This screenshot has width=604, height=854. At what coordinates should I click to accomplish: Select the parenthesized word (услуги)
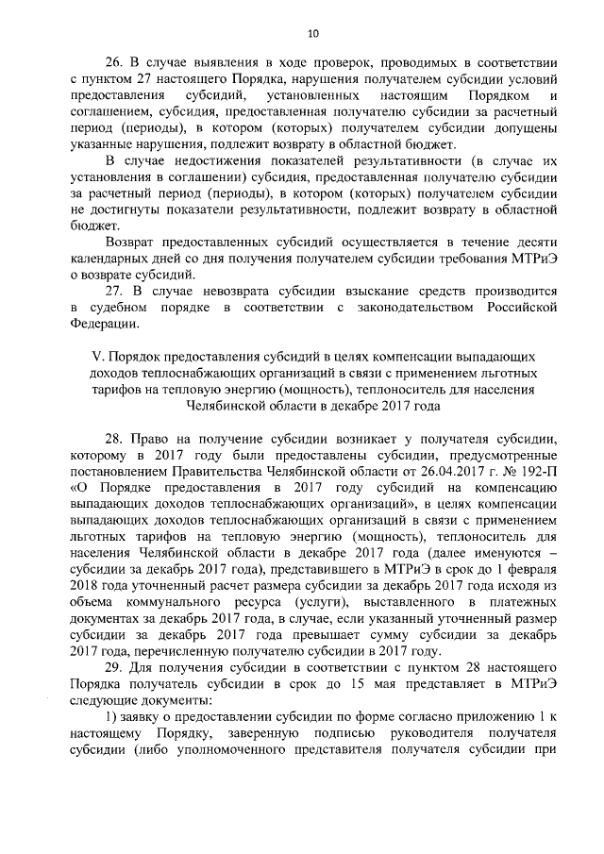(x=345, y=602)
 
